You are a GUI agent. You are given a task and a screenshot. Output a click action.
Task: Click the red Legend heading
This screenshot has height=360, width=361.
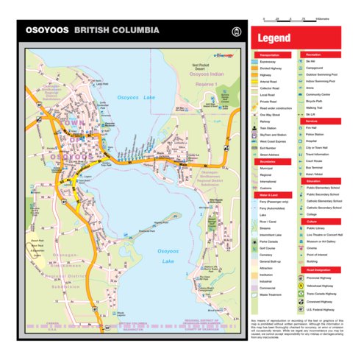(x=274, y=38)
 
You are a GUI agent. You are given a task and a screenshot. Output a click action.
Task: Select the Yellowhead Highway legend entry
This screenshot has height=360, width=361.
(x=324, y=283)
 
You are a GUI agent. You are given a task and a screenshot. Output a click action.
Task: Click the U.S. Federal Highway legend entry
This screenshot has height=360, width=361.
(x=324, y=311)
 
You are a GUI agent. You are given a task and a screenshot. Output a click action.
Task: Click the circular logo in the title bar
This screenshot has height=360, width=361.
(x=236, y=32)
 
